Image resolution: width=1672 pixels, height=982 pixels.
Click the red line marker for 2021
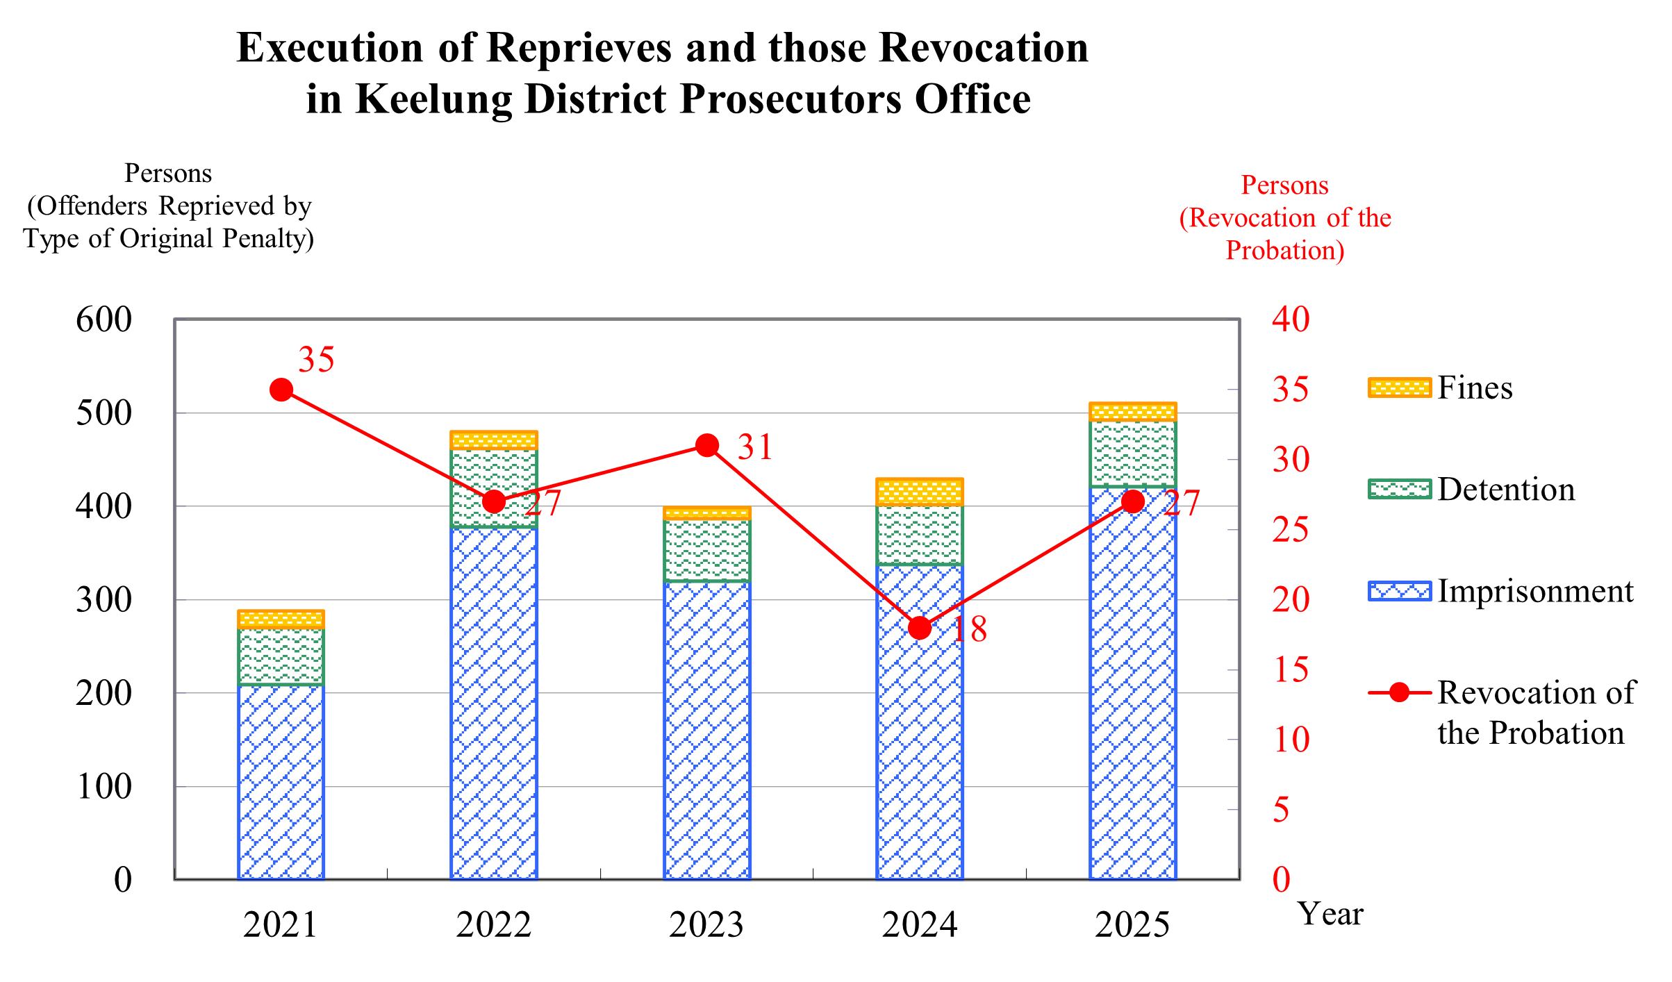281,390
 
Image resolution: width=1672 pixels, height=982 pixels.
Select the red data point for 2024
920,628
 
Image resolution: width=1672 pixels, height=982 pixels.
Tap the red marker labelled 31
707,445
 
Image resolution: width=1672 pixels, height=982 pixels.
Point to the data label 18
969,629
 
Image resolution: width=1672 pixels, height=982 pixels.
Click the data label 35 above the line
316,359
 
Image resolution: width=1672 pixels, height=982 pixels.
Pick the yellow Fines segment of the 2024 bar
920,492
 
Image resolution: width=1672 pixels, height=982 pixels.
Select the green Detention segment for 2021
281,656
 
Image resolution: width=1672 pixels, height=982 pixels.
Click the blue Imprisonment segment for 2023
707,729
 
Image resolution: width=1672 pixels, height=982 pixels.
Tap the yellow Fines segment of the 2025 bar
1133,412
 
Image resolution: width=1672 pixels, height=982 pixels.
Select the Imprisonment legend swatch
1400,591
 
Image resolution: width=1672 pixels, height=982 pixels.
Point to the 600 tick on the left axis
104,320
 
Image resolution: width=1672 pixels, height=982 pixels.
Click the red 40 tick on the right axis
1291,319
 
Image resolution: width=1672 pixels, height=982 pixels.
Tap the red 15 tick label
1291,669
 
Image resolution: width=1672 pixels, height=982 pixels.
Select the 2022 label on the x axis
494,925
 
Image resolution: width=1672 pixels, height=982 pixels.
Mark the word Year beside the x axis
1330,914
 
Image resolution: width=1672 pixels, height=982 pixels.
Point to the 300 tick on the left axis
104,600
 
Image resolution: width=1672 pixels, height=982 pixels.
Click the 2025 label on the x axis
1133,925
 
